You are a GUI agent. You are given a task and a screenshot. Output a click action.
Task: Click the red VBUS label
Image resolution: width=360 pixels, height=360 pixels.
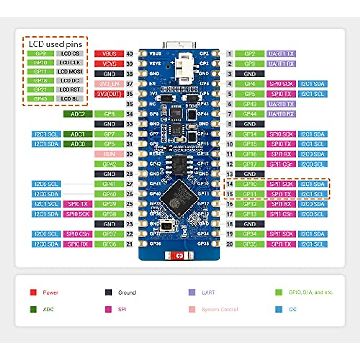109,54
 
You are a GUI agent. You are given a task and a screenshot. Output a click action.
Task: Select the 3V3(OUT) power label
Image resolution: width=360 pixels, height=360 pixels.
109,94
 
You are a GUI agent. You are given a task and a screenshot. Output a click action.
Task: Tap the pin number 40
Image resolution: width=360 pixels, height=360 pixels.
129,54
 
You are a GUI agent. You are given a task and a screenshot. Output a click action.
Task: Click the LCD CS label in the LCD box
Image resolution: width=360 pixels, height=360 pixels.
70,53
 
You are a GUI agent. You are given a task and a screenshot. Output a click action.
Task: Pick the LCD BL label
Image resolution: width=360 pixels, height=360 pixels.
70,98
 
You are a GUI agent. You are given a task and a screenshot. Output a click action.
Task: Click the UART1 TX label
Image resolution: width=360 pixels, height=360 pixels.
281,54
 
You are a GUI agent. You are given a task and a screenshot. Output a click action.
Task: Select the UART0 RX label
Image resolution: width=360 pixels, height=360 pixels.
281,114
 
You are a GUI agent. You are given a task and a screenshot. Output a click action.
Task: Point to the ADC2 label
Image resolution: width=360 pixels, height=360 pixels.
78,114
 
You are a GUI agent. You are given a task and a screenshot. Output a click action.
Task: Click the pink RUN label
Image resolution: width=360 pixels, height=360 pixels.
109,154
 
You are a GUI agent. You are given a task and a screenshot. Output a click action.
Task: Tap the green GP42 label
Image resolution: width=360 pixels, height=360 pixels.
109,164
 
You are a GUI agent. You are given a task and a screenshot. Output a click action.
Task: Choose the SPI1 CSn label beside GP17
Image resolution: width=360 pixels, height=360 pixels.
281,164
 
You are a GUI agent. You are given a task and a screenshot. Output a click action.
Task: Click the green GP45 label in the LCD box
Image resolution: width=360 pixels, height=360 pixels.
40,98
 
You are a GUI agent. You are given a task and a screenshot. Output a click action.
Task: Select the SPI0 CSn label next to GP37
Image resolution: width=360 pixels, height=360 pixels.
78,234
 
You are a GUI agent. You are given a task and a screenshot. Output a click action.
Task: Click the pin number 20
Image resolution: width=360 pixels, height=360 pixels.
229,244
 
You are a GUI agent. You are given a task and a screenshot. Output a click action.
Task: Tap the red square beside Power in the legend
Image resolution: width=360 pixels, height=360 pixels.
33,292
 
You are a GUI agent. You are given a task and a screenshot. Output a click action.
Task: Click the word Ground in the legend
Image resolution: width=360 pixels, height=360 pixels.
127,292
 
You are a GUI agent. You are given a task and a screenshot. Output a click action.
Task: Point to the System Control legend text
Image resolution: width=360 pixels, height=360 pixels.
220,309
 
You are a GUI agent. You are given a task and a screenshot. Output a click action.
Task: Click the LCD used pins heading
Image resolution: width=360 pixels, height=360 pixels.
55,44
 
